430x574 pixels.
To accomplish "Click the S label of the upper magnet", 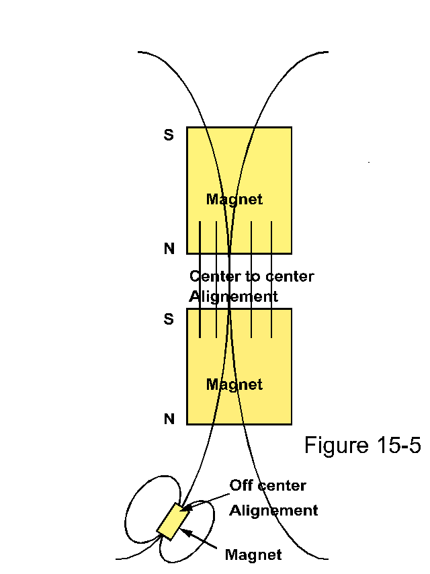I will coord(169,135).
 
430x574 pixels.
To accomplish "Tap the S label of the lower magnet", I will coord(169,319).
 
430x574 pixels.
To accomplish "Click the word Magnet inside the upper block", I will coord(234,200).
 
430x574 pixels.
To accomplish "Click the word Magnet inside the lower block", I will coord(234,384).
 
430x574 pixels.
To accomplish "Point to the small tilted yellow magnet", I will coord(172,521).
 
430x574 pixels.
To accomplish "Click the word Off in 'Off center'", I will coord(241,485).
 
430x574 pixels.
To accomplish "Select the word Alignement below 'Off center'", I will coord(273,510).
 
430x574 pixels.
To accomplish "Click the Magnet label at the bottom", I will coord(253,555).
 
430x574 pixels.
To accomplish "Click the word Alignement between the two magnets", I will coord(233,296).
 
